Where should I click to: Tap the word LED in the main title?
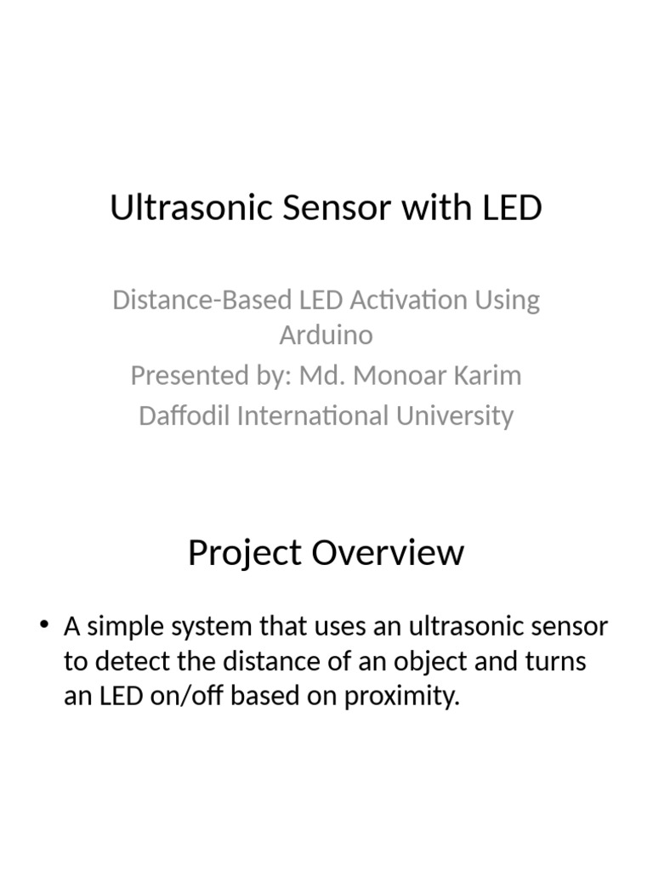pyautogui.click(x=510, y=208)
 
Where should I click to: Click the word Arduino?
pyautogui.click(x=326, y=335)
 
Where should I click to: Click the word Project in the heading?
pyautogui.click(x=245, y=554)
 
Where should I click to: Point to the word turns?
pyautogui.click(x=554, y=662)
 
